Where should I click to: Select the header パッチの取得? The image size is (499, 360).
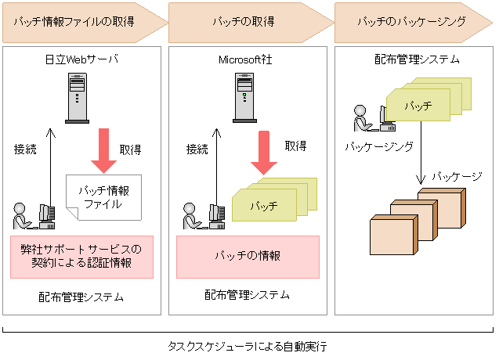pos(243,22)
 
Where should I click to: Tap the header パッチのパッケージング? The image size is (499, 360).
pos(411,22)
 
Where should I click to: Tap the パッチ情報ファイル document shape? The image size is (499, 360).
pos(103,196)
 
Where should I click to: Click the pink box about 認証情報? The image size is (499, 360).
pos(81,256)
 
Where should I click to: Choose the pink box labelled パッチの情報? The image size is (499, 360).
pos(248,256)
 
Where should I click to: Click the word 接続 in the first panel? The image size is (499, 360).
pos(26,148)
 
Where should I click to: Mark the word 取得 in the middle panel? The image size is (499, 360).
pos(295,146)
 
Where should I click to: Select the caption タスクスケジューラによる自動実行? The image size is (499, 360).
pos(247,345)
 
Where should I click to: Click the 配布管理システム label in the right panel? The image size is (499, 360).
pos(412,59)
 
